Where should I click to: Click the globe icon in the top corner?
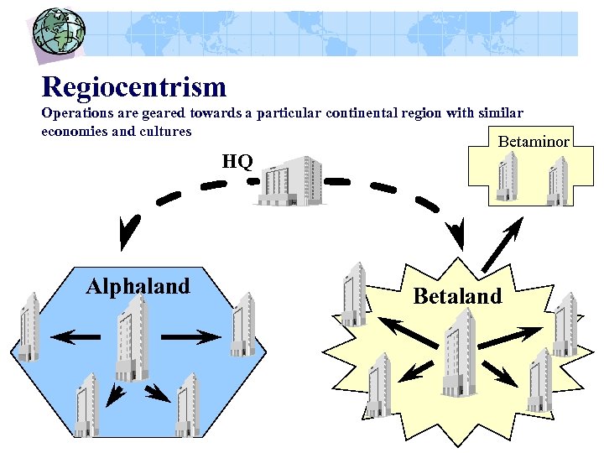click(x=58, y=31)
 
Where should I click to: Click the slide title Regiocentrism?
click(x=134, y=86)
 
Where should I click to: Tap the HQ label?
click(x=237, y=161)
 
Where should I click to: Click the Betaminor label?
click(x=534, y=141)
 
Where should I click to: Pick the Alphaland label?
click(x=138, y=287)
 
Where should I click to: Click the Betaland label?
click(x=457, y=295)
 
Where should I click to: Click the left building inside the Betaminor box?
click(x=507, y=176)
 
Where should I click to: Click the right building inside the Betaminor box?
click(x=558, y=181)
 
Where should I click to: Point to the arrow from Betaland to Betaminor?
click(x=499, y=246)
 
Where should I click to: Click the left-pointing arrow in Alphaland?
click(x=75, y=337)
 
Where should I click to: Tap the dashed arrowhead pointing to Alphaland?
click(x=128, y=234)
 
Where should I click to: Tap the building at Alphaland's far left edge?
click(x=29, y=326)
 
